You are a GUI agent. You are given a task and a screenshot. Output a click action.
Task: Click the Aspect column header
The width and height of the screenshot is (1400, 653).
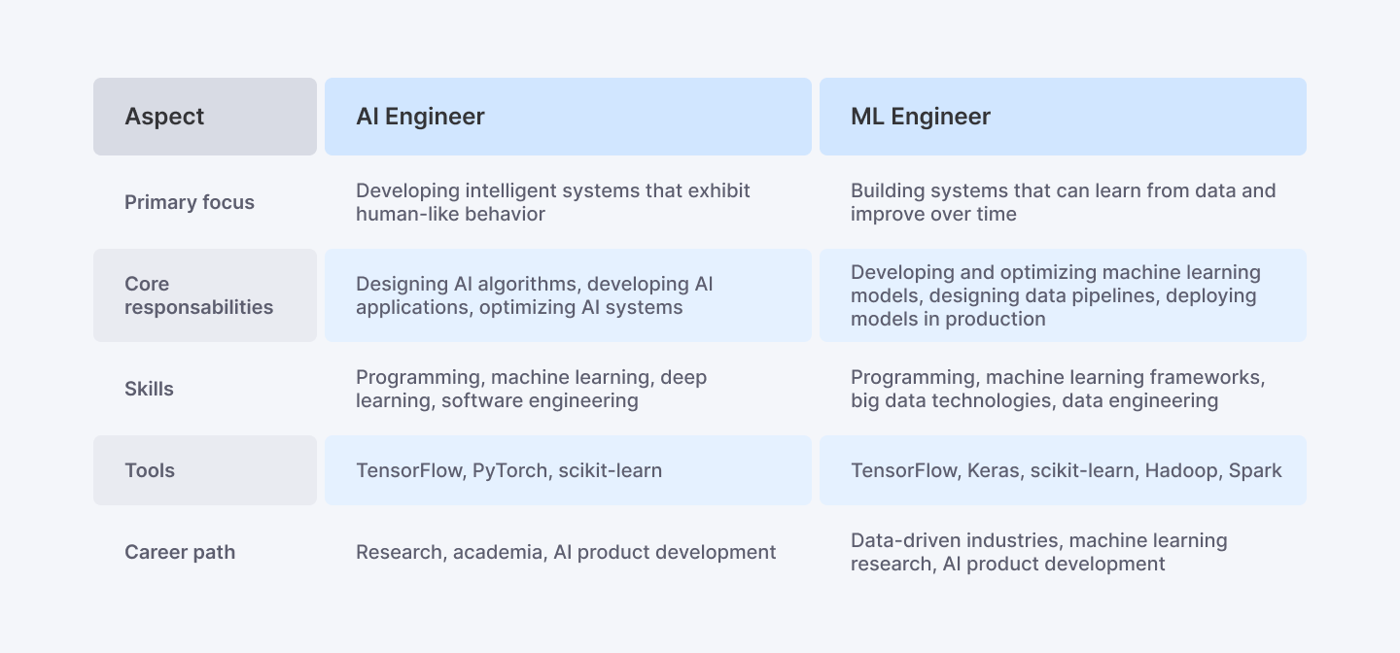[164, 117]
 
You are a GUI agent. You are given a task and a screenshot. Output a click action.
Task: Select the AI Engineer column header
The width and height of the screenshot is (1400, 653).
[420, 117]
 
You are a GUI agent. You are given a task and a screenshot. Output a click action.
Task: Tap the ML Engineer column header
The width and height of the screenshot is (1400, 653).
[920, 117]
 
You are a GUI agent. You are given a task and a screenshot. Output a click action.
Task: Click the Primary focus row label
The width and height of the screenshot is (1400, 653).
[190, 202]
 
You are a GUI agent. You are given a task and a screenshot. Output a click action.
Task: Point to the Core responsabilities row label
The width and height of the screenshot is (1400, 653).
[198, 295]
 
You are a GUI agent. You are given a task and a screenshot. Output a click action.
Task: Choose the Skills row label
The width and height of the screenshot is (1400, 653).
[149, 389]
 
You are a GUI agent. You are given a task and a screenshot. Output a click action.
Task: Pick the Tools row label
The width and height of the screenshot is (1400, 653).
[150, 470]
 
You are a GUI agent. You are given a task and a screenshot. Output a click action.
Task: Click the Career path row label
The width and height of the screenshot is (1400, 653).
[180, 552]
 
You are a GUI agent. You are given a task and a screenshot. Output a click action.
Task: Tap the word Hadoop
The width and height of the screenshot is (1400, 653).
[1180, 470]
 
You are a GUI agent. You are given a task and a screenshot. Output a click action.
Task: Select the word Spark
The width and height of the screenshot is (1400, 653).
[1255, 470]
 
